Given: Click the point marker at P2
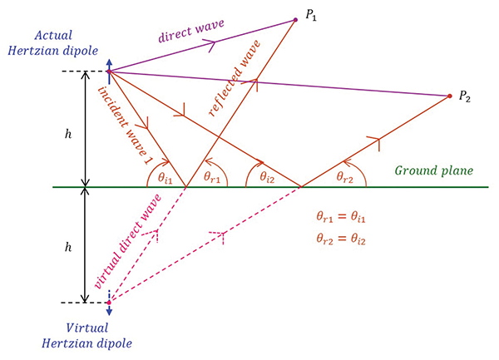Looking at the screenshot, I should point(450,96).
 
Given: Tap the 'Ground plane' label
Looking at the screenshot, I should point(433,170).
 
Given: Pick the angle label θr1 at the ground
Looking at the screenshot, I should point(214,178).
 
